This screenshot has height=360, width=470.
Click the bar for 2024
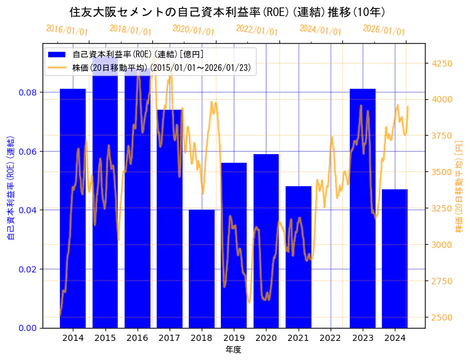395,258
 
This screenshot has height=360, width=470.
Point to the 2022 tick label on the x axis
331,338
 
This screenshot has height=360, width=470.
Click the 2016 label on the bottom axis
137,338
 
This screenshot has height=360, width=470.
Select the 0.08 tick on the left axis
28,92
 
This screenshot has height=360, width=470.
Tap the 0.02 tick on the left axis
28,269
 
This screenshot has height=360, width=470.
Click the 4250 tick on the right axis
443,63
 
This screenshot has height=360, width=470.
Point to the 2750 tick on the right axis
443,281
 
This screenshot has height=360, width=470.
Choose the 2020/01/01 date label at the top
194,30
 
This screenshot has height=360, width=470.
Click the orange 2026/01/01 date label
384,30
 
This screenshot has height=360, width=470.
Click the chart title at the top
228,12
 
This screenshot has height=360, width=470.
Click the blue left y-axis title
10,185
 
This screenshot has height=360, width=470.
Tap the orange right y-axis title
458,185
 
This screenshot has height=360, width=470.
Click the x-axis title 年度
233,350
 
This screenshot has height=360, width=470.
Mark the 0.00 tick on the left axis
28,328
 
